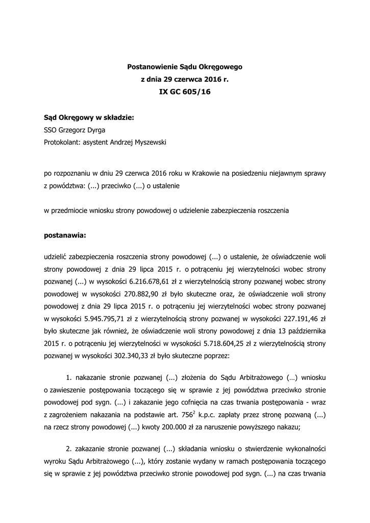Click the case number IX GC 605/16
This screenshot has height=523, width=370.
[x=185, y=92]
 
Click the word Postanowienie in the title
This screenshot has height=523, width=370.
[x=150, y=66]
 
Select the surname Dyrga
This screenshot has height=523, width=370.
[x=95, y=130]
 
